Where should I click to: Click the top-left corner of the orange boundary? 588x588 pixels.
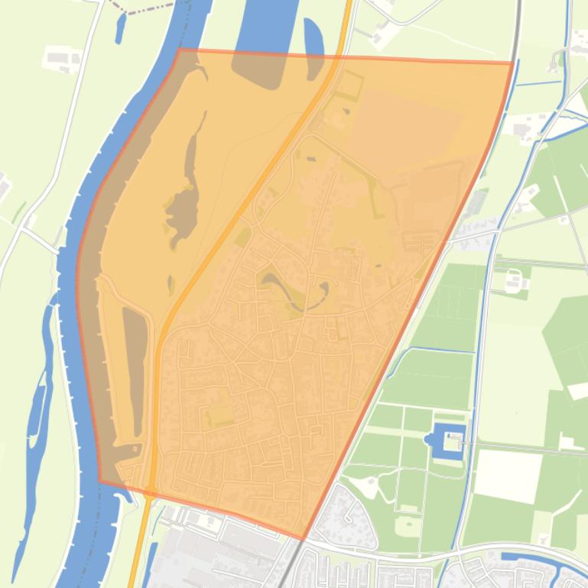(180, 50)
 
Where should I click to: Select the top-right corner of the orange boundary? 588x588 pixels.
(512, 63)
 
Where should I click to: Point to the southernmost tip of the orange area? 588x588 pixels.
(304, 539)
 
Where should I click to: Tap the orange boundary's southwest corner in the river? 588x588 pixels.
(99, 481)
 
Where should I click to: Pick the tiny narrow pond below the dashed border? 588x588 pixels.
(120, 27)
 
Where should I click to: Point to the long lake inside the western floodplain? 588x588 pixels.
(184, 199)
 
